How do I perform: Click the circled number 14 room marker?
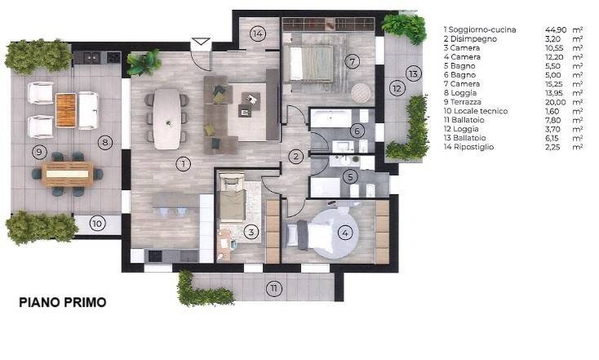tap(258, 33)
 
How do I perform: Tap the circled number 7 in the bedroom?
tap(353, 61)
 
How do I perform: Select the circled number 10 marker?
tap(97, 223)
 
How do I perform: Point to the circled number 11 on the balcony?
tap(274, 288)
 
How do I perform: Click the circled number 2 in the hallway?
tap(295, 156)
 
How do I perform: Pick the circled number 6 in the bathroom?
tap(357, 131)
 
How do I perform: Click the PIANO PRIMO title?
tap(63, 302)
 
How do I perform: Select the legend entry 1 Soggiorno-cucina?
tap(480, 30)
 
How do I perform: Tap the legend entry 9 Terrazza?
tap(462, 102)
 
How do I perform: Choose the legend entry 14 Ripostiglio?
tap(468, 147)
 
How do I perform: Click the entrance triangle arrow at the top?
tap(201, 42)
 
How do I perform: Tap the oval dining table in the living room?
tap(167, 119)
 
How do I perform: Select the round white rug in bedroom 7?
tap(361, 93)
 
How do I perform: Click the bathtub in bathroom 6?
tap(331, 118)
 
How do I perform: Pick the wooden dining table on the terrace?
tap(68, 174)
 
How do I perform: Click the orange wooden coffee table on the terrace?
tap(66, 110)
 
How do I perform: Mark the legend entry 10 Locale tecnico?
tap(476, 111)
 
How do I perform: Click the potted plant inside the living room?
tap(144, 63)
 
